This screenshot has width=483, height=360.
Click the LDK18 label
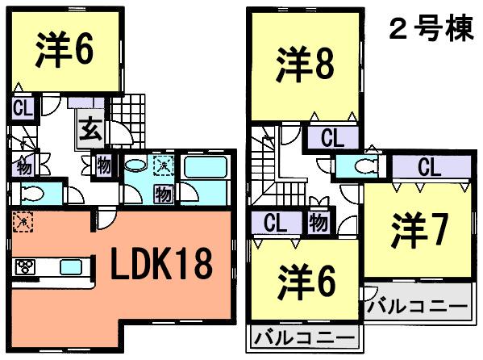[x=162, y=263]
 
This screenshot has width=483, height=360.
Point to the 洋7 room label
[x=418, y=232]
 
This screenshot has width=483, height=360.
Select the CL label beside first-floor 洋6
[x=23, y=109]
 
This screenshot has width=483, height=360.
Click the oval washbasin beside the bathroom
[x=135, y=167]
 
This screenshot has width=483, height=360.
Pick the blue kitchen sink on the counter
[x=71, y=267]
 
